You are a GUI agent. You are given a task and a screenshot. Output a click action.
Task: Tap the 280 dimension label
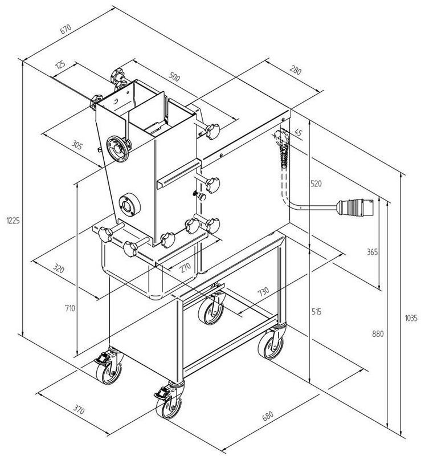295,71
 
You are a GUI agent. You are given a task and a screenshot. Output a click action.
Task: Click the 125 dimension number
60,67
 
